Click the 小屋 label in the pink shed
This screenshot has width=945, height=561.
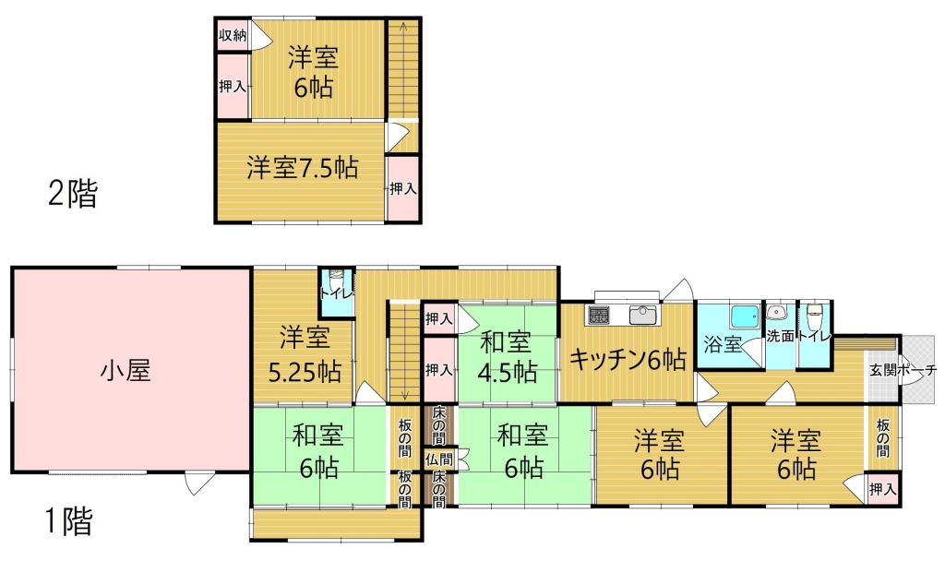tap(126, 370)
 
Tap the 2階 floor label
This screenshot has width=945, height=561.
tap(72, 194)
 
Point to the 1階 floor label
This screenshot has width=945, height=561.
tap(69, 521)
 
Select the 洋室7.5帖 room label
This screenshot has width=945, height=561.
tap(302, 168)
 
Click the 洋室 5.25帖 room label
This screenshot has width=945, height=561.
tap(305, 355)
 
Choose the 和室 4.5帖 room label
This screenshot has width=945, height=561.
tap(507, 357)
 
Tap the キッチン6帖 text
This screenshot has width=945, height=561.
tap(628, 360)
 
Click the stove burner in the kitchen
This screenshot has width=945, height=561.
tap(598, 315)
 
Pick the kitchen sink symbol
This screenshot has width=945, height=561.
tap(643, 315)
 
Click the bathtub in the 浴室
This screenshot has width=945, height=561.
tap(745, 316)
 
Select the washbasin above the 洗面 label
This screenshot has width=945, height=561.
tap(777, 313)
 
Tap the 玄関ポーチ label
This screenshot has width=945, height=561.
tap(903, 370)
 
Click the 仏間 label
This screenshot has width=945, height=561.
tap(438, 460)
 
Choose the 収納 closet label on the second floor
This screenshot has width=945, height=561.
tap(233, 35)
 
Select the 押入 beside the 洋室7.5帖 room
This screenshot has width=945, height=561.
tap(402, 188)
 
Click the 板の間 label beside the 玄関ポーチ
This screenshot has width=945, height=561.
tap(883, 437)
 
